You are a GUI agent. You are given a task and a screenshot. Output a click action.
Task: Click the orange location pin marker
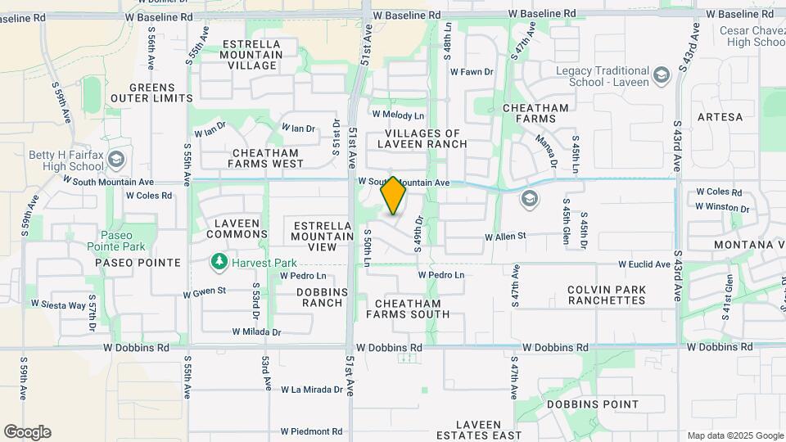[393, 196]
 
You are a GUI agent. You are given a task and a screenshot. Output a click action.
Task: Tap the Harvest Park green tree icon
[219, 262]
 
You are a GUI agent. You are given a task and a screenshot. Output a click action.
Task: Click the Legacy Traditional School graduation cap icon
[662, 76]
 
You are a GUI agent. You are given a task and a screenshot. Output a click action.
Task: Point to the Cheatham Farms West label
[268, 158]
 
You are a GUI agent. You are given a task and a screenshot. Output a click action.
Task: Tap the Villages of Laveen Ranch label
[422, 138]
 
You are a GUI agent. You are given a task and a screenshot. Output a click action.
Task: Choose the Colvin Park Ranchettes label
[606, 295]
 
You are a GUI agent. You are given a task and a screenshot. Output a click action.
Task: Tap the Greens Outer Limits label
[152, 93]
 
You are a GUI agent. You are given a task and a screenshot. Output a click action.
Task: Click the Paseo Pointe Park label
[124, 241]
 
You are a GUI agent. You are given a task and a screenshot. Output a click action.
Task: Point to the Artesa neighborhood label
[720, 117]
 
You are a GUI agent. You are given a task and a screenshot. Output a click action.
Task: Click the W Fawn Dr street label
[472, 72]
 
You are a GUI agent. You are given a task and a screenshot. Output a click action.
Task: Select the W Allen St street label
[505, 237]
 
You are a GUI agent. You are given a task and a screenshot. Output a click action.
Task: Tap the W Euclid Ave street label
[645, 264]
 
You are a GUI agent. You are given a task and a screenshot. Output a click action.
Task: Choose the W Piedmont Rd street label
[311, 431]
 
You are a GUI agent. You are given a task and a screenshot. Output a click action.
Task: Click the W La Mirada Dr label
[312, 390]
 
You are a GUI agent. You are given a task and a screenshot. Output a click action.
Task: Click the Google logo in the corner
[27, 432]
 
